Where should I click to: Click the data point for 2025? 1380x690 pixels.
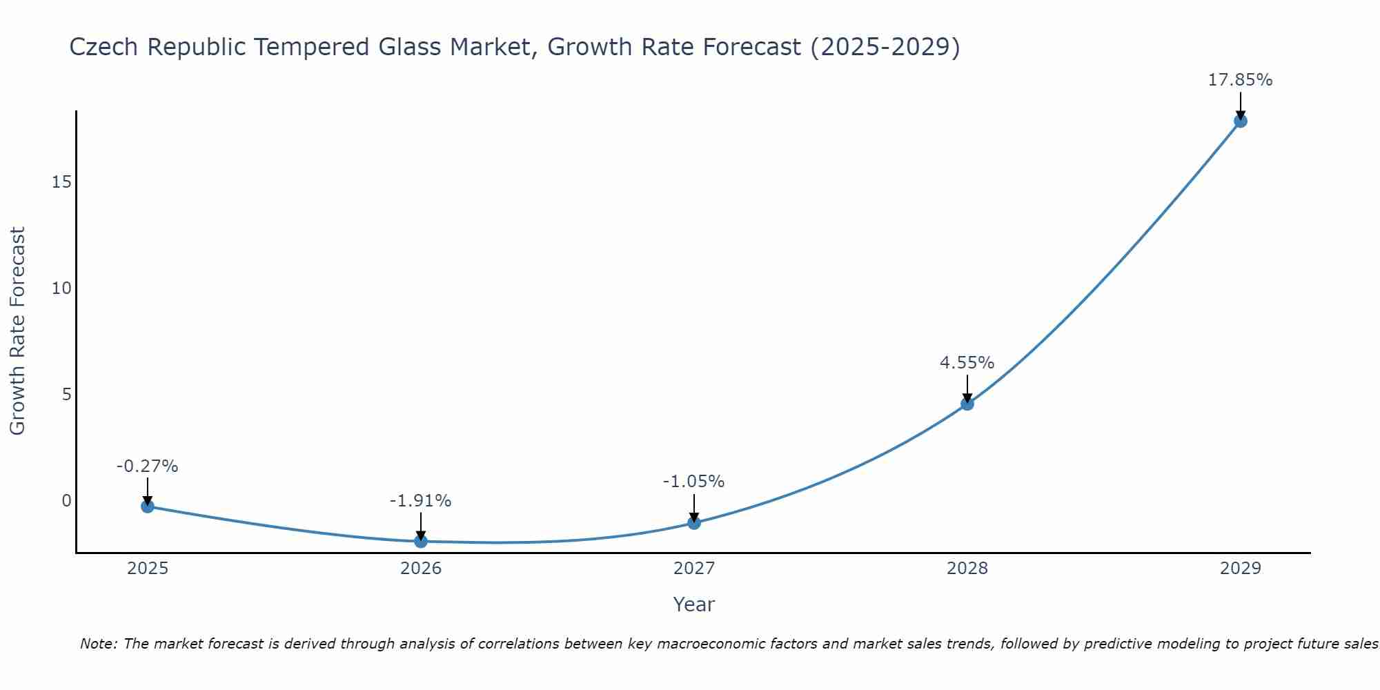(147, 506)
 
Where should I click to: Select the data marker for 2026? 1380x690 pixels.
(421, 541)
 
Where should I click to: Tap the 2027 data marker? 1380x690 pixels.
(694, 523)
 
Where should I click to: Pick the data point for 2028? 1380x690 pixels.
(967, 404)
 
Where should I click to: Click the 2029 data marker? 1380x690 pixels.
(1240, 121)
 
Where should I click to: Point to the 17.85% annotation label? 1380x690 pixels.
(1240, 80)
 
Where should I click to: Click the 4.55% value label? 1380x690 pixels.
(967, 363)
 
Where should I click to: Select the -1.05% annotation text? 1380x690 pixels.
(693, 482)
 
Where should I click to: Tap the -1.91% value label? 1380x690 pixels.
(420, 501)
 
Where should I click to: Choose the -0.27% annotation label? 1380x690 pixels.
(147, 466)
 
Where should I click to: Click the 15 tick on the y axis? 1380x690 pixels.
(61, 182)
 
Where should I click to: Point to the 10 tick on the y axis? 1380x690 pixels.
(61, 288)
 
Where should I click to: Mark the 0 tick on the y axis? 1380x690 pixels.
(66, 501)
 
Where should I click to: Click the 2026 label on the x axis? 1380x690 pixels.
(421, 569)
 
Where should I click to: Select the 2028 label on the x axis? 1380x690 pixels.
(967, 569)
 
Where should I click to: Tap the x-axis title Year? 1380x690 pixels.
(693, 604)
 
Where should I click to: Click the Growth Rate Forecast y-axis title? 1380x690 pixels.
(18, 331)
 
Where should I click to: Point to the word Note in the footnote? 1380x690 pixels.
(98, 644)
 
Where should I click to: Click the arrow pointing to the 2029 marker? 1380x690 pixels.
(1240, 105)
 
